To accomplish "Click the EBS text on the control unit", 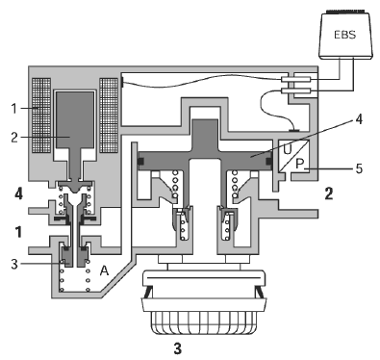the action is [x=345, y=35].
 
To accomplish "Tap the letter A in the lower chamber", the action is [x=104, y=270].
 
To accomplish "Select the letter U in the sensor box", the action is [x=288, y=149].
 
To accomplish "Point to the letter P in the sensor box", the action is [x=299, y=164].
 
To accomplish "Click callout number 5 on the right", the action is [x=359, y=168].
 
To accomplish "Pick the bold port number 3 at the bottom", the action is [x=178, y=348].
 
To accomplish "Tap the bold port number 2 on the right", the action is [x=329, y=193].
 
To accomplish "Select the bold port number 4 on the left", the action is [x=18, y=193].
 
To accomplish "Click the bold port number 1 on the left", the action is [x=19, y=232].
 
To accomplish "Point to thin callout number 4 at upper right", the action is [x=359, y=119].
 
